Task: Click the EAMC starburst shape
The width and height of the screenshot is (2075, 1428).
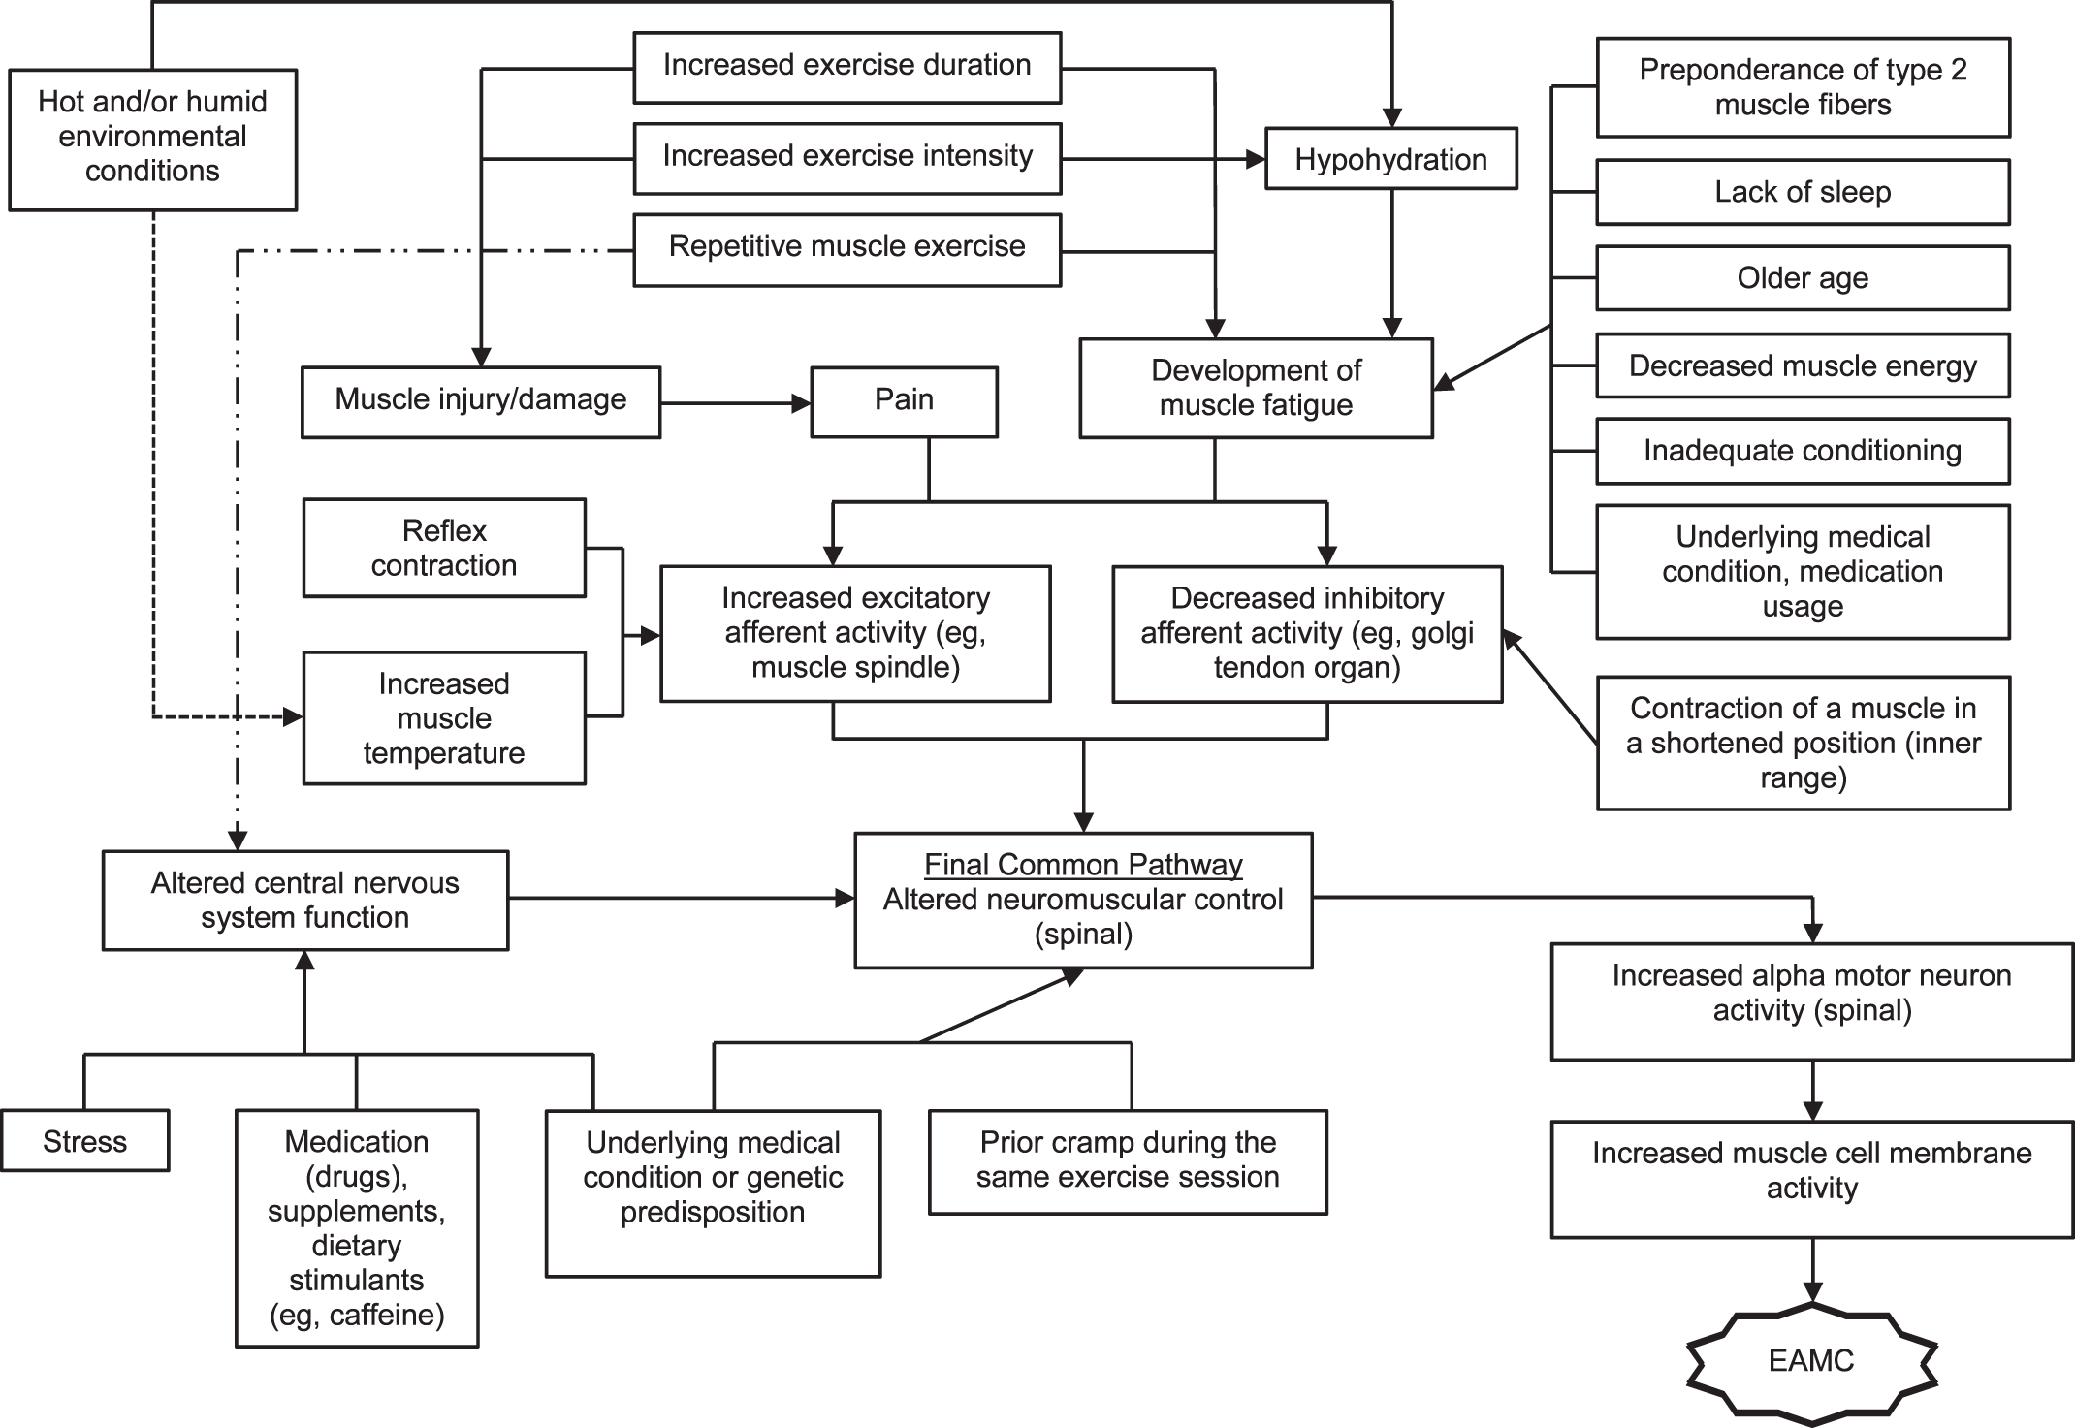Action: pos(1811,1361)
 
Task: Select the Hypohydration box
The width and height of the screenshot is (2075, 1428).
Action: pos(1390,159)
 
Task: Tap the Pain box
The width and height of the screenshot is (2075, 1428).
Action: pos(904,400)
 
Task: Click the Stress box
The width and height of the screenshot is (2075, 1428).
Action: pos(84,1141)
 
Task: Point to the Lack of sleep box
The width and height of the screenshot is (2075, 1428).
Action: pos(1803,192)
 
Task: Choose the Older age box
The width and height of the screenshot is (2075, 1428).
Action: pos(1803,278)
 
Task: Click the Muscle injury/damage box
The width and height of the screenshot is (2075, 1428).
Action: pos(480,400)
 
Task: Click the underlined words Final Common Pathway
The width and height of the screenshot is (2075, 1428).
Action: pos(1082,864)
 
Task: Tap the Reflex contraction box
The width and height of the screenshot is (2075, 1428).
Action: pos(443,548)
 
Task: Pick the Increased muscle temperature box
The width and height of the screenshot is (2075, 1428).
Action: pos(443,718)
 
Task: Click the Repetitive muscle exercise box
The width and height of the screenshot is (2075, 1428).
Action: pos(846,247)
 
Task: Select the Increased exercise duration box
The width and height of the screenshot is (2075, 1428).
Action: pos(846,66)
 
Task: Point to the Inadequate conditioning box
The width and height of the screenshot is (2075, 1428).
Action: pos(1803,451)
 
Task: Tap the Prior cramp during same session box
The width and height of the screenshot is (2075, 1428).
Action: pos(1128,1160)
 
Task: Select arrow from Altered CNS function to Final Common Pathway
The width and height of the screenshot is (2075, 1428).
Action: pos(679,899)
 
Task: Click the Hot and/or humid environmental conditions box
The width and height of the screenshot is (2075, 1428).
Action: pos(152,138)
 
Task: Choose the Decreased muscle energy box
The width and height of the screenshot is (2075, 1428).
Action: pos(1803,365)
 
